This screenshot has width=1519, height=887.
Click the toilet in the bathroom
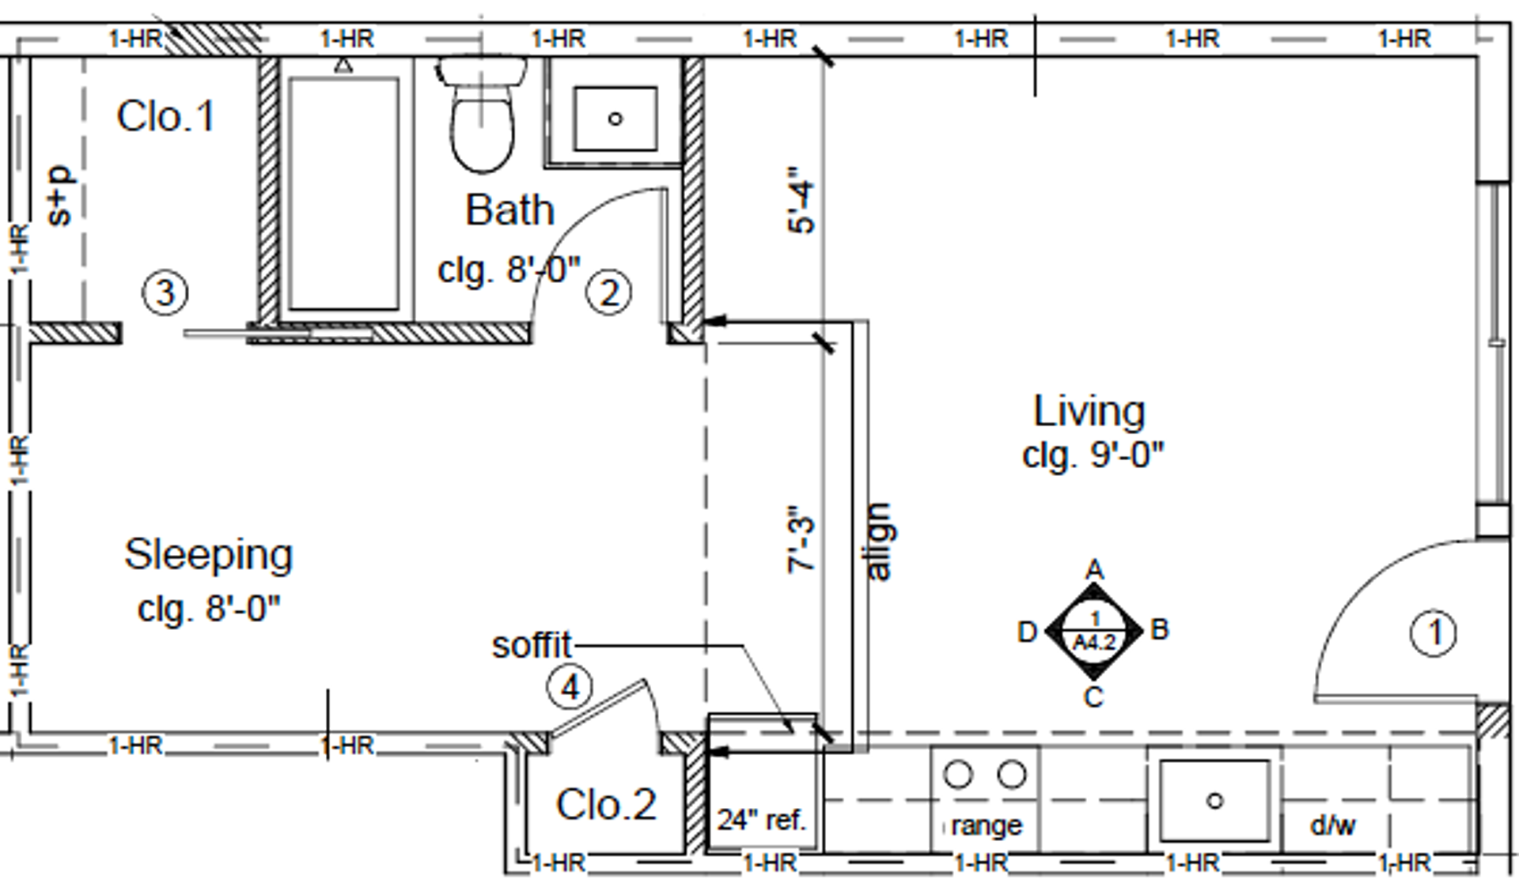click(x=481, y=119)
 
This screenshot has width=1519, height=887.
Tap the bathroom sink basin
click(x=615, y=119)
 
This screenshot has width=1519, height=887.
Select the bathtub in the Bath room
click(x=343, y=194)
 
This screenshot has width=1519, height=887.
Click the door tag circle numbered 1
click(x=1433, y=632)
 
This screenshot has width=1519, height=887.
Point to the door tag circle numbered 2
click(x=608, y=293)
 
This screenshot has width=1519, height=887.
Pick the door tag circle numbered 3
click(x=165, y=293)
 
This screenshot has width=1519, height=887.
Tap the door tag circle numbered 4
click(x=570, y=687)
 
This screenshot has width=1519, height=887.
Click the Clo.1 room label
click(x=166, y=117)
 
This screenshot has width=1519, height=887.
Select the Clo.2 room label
click(x=606, y=805)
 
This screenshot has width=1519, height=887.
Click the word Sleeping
click(x=208, y=554)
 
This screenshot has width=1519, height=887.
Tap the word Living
click(x=1089, y=411)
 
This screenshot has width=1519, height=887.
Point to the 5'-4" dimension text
click(x=801, y=199)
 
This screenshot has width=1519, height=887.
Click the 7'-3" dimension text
click(x=801, y=539)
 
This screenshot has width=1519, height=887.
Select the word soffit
click(x=531, y=646)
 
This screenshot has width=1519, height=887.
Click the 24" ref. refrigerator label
click(x=761, y=820)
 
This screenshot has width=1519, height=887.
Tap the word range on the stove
click(x=986, y=825)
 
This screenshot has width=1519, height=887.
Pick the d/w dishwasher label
click(x=1332, y=825)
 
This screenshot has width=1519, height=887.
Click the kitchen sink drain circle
click(x=1215, y=801)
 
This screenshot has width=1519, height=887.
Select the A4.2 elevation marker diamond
click(x=1093, y=632)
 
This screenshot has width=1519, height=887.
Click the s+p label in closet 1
click(x=60, y=195)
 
